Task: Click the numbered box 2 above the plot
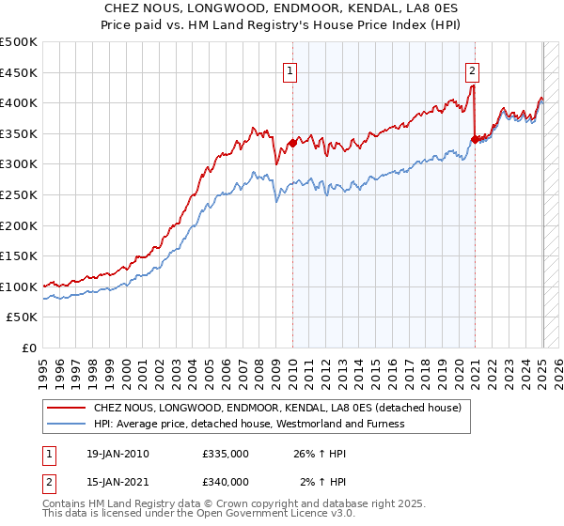point(471,69)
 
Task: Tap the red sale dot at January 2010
point(292,143)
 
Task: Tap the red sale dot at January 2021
point(475,140)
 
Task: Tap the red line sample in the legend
point(66,409)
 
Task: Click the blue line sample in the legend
point(66,424)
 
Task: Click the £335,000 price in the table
point(226,454)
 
